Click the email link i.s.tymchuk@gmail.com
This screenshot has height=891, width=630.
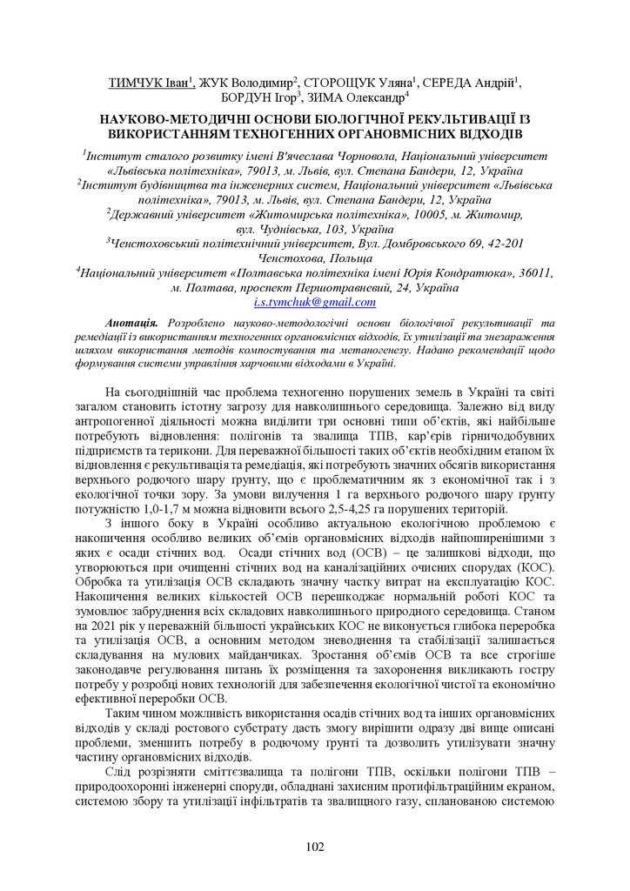[315, 303]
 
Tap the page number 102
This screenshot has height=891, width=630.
[315, 847]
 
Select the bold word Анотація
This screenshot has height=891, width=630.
[131, 324]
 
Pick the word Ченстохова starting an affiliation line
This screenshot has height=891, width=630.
[289, 258]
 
